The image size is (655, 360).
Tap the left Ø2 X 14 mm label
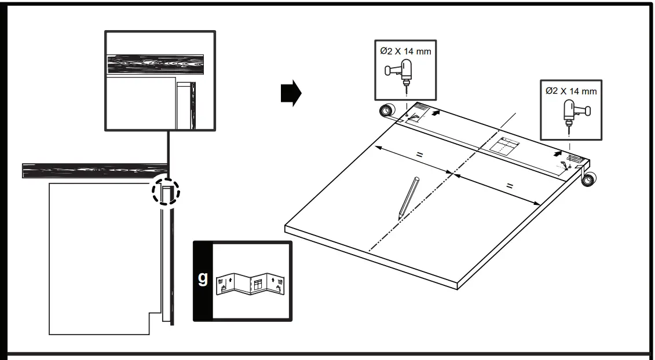click(x=405, y=51)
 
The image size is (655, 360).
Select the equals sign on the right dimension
click(x=510, y=186)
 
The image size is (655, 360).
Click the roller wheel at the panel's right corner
click(x=589, y=180)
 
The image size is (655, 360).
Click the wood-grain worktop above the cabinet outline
click(x=93, y=170)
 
